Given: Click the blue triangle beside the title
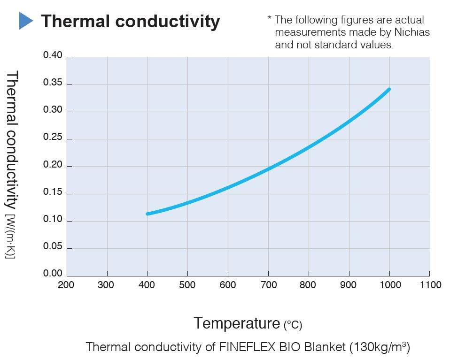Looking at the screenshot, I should [x=26, y=21].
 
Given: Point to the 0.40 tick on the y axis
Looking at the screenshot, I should [x=53, y=56].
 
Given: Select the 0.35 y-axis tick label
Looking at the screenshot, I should [x=53, y=84].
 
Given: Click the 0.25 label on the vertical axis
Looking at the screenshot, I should [x=53, y=138].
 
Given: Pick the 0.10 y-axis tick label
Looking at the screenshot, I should [x=53, y=221].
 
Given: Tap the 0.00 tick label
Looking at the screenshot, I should [x=53, y=274].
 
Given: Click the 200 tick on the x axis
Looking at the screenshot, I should [x=66, y=285].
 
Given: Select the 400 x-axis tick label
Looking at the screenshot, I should [x=147, y=285].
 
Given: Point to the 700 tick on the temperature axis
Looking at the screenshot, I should [x=268, y=285].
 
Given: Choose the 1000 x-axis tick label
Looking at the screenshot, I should [x=389, y=285].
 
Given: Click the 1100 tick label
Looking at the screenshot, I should [x=429, y=285].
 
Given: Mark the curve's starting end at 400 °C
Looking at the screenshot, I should [x=148, y=214].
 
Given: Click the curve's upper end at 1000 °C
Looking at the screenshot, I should [x=389, y=89].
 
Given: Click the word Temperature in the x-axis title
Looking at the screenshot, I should [x=237, y=323].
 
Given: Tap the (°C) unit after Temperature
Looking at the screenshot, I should [x=293, y=325].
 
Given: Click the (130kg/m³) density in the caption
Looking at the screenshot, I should [x=380, y=347].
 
